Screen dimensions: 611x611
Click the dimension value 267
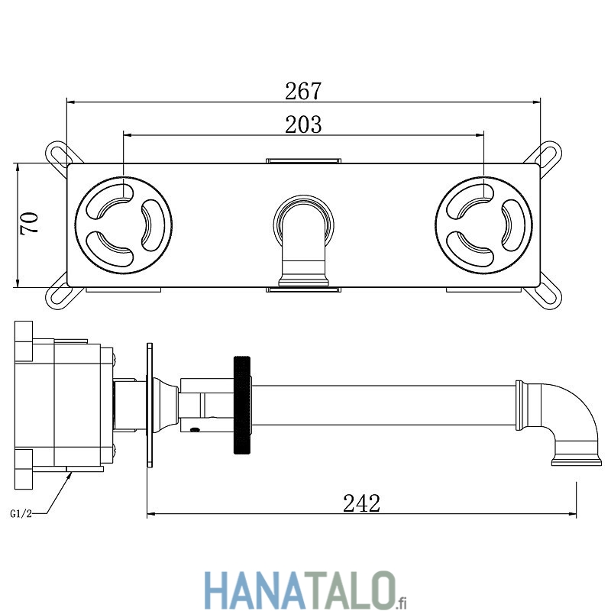(x=303, y=91)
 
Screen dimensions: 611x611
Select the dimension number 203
(x=303, y=124)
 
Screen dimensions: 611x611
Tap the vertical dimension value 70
(x=30, y=222)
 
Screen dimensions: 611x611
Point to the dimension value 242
(x=361, y=503)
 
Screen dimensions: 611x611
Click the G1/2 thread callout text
(x=21, y=514)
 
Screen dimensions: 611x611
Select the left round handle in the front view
(x=124, y=225)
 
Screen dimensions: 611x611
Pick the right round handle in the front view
(x=483, y=225)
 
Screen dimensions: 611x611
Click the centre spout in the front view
(x=303, y=241)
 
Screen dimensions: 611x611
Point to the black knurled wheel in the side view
(x=242, y=406)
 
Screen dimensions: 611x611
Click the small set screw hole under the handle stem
(x=195, y=429)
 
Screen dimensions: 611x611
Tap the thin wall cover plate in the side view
(x=150, y=405)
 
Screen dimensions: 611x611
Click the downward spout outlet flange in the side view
(x=577, y=462)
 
